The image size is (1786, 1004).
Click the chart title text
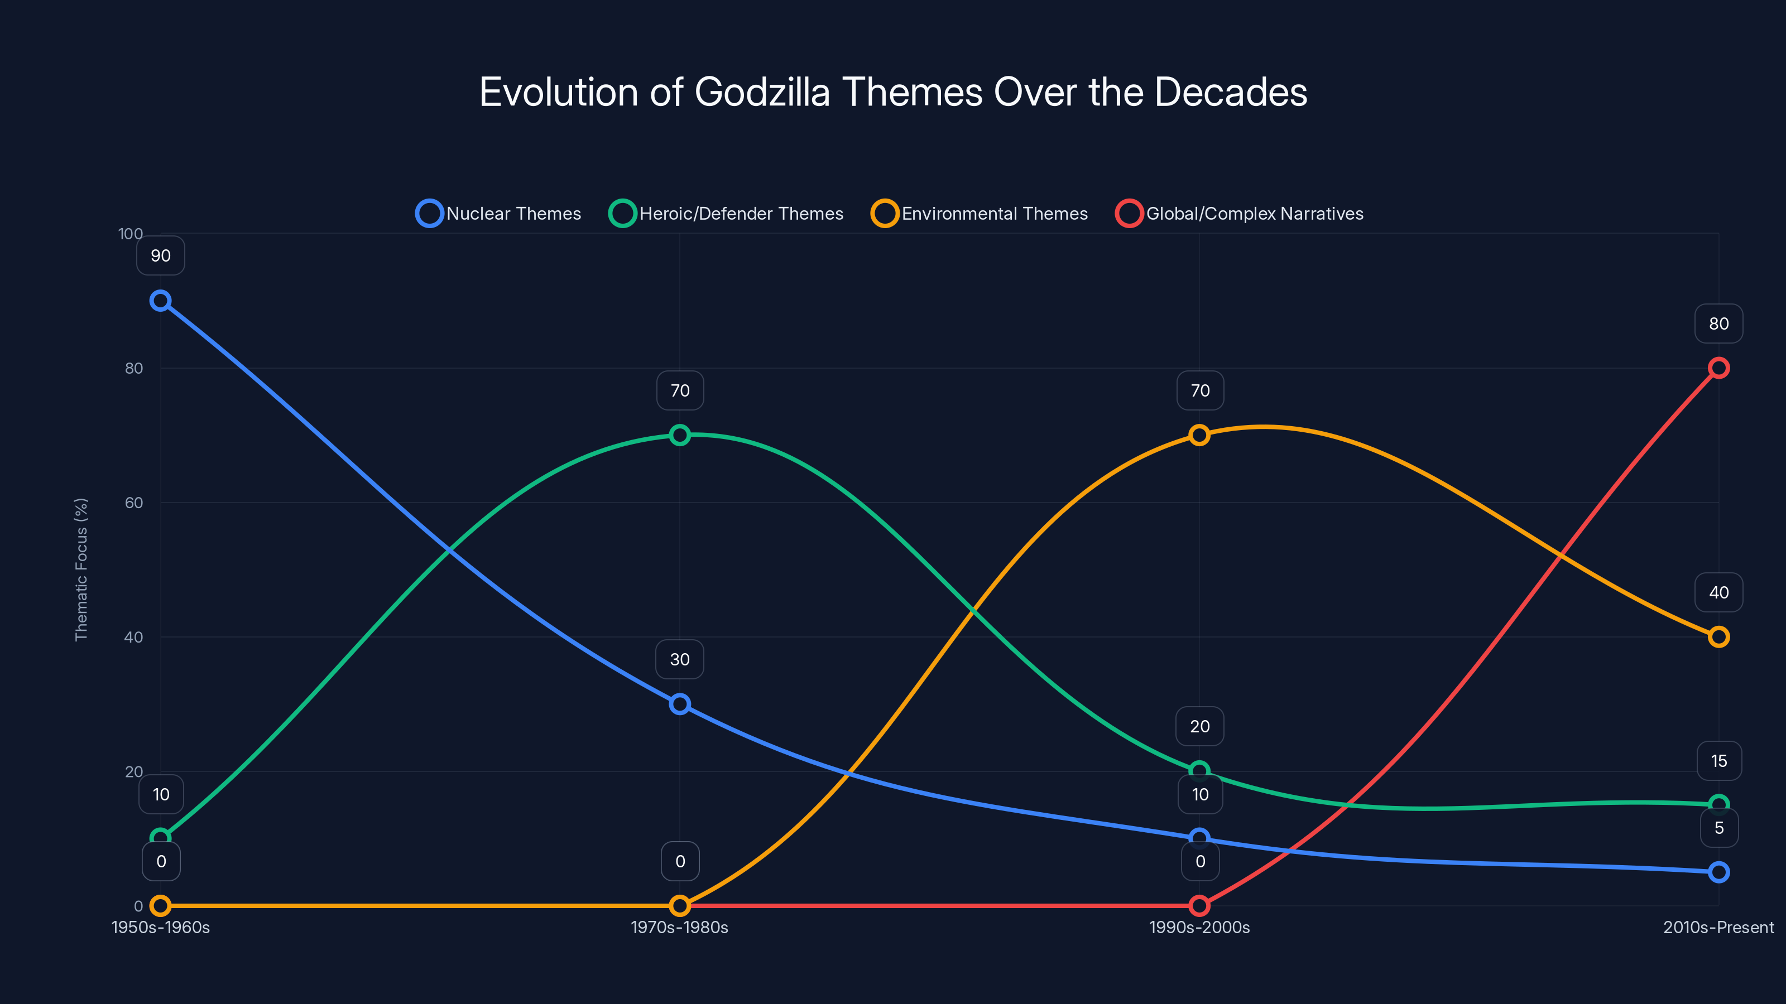point(893,92)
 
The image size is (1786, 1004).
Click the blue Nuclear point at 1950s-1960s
point(161,301)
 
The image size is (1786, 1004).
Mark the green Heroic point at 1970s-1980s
point(680,435)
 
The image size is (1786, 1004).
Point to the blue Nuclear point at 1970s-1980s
point(680,704)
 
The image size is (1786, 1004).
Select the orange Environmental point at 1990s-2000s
point(1199,435)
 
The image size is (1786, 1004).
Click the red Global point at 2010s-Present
point(1719,368)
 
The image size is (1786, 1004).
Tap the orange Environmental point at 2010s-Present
point(1719,637)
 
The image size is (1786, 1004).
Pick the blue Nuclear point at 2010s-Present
point(1719,872)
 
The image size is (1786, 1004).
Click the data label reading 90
point(161,255)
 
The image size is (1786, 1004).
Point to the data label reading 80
point(1719,324)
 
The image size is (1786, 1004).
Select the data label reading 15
point(1719,761)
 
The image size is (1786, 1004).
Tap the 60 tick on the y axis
point(134,503)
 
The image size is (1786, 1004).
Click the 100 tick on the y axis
point(131,234)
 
